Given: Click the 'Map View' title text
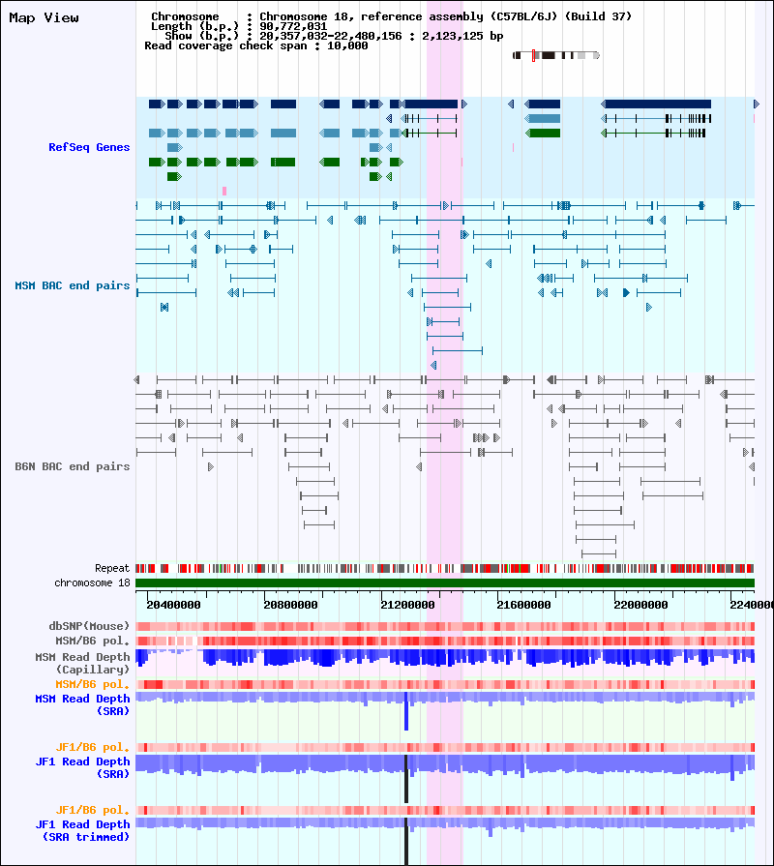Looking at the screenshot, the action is click(44, 17).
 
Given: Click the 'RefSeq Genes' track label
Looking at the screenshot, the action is click(89, 147).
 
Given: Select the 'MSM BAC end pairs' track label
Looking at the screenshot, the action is click(73, 285).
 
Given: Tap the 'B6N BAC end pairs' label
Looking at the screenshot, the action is click(73, 466).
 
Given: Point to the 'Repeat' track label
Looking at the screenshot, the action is click(112, 568).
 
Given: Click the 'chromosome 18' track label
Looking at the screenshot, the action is click(92, 582).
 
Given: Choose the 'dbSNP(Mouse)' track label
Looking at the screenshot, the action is click(89, 626).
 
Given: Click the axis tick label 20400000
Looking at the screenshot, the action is click(173, 605).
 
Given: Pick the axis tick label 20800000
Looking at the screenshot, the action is click(290, 605).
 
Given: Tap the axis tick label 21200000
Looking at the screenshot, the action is click(407, 605).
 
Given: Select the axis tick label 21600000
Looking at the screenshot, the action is click(524, 605).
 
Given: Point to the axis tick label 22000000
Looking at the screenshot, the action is click(640, 605).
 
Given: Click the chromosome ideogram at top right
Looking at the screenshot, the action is click(556, 55).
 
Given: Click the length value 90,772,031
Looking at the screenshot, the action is click(293, 26).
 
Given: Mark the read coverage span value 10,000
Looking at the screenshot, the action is click(347, 45).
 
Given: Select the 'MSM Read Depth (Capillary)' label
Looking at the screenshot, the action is click(82, 663).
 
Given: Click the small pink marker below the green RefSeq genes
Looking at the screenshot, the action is click(224, 191).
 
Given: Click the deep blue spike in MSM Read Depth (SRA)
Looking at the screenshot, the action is click(406, 713).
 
